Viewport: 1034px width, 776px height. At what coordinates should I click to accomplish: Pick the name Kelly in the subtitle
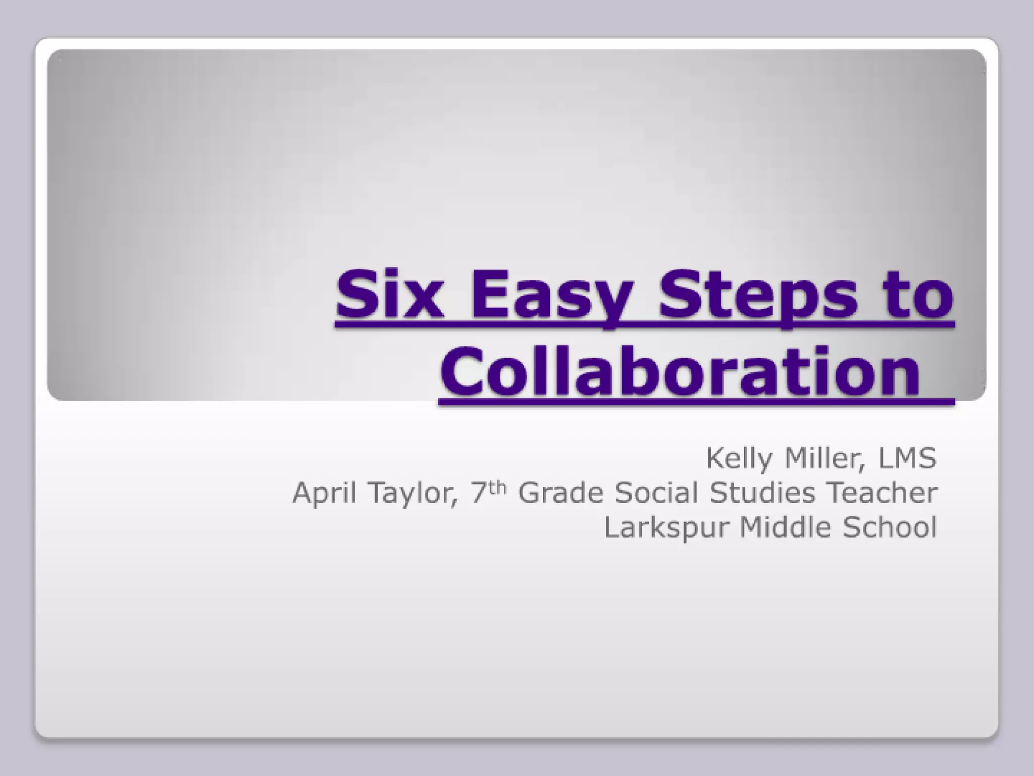739,458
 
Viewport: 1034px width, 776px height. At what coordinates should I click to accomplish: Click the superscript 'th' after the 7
498,487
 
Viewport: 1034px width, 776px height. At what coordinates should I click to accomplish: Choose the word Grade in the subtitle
561,493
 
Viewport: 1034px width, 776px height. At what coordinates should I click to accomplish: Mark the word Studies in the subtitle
762,493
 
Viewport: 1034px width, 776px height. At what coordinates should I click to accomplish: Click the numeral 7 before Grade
479,493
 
